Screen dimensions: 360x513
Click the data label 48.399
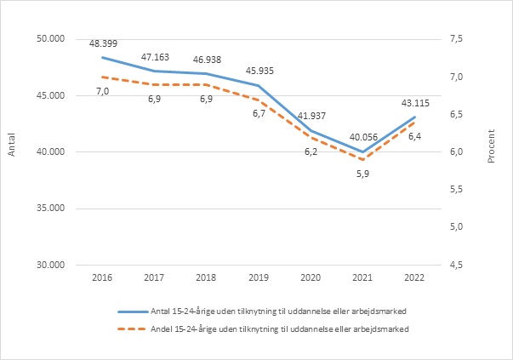(x=103, y=42)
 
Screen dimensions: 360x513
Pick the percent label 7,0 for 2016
(x=103, y=91)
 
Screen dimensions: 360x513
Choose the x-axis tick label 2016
(x=103, y=277)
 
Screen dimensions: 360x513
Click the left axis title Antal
(x=12, y=151)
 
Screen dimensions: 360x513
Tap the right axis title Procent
(x=492, y=151)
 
